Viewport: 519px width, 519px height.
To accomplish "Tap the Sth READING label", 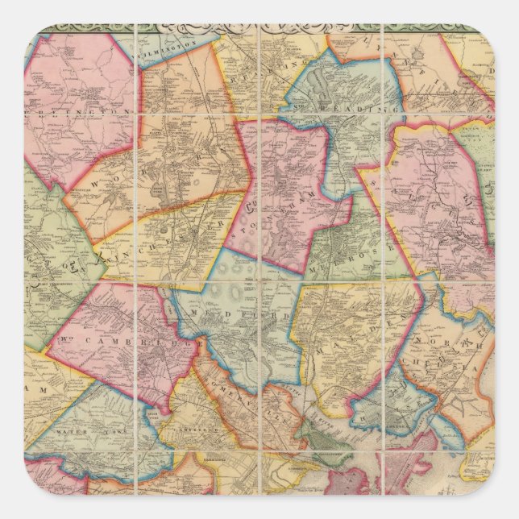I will coord(346,109).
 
